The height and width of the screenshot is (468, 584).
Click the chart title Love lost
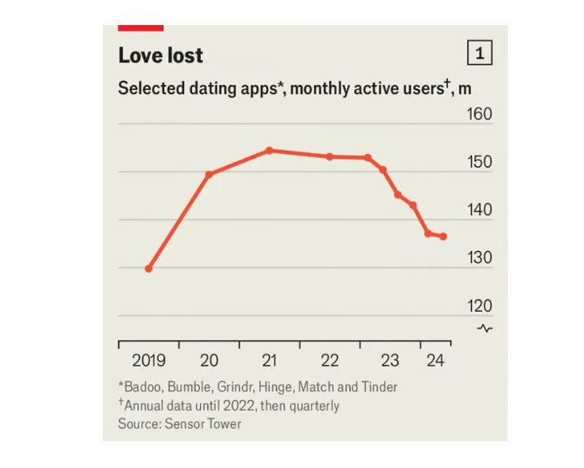click(x=160, y=56)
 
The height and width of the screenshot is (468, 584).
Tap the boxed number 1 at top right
click(x=480, y=54)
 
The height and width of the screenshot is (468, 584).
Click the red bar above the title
click(x=141, y=28)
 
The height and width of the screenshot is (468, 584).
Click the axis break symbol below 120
click(x=485, y=328)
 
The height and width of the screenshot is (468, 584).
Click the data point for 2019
click(x=148, y=268)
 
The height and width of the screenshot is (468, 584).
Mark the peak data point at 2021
click(x=269, y=151)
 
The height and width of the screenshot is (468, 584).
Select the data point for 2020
click(x=209, y=174)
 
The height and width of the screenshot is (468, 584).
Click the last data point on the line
click(x=443, y=236)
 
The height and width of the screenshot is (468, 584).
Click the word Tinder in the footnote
click(x=379, y=386)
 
